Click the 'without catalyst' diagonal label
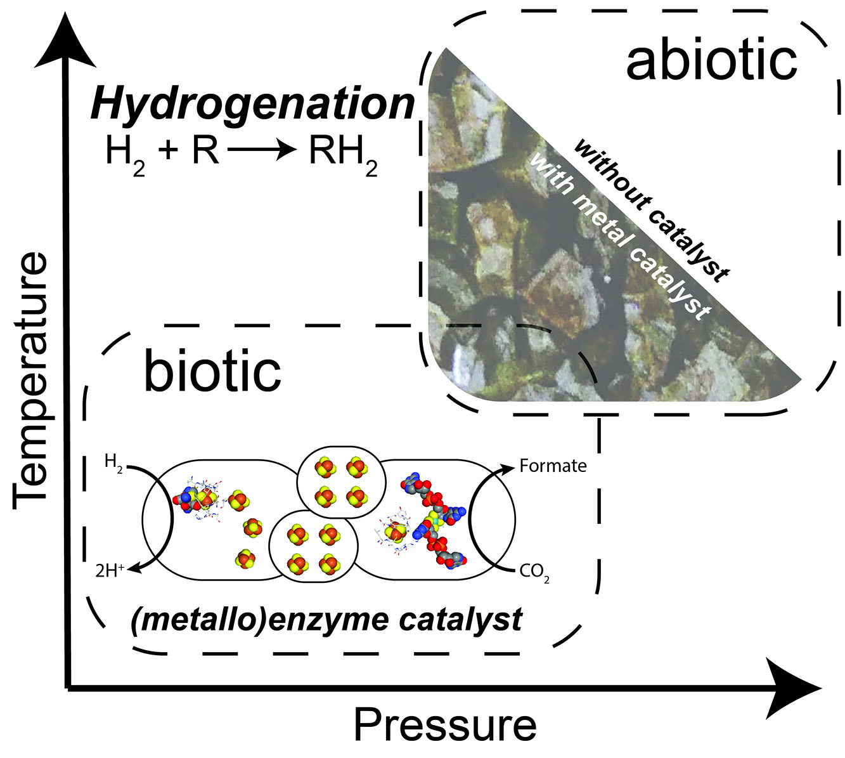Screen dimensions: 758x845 click(x=650, y=210)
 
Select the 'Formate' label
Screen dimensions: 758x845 click(x=553, y=466)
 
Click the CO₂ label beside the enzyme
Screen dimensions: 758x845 click(x=534, y=573)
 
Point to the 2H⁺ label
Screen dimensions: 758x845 click(x=107, y=568)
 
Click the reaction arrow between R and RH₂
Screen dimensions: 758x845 click(x=262, y=152)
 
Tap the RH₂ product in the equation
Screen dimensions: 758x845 click(x=343, y=154)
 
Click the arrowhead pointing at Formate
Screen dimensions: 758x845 click(x=508, y=469)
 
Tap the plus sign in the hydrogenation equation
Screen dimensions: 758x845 click(x=167, y=153)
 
